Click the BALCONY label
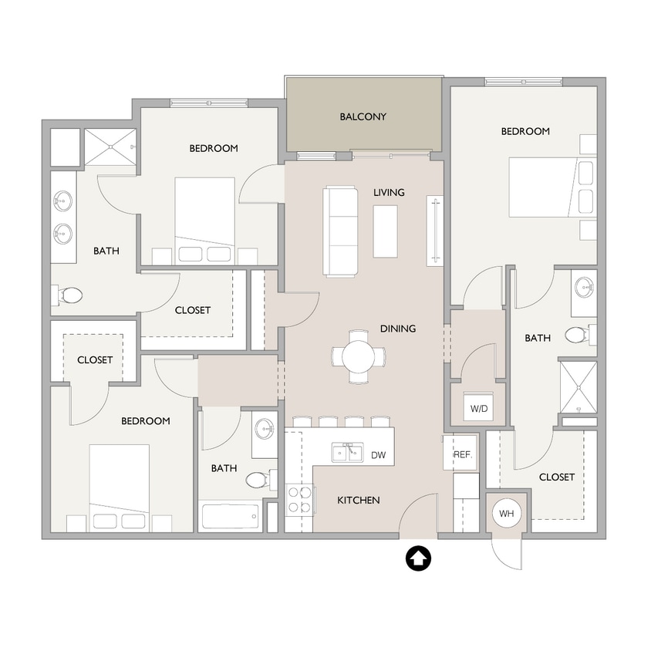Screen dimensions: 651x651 pyautogui.click(x=363, y=117)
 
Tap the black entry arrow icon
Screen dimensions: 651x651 pyautogui.click(x=419, y=558)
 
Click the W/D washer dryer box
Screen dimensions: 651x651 pyautogui.click(x=479, y=408)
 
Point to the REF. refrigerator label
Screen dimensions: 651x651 pyautogui.click(x=462, y=455)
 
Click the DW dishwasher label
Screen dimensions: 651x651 pyautogui.click(x=378, y=455)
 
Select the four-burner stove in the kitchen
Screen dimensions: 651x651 pyautogui.click(x=299, y=499)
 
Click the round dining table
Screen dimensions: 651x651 pyautogui.click(x=359, y=356)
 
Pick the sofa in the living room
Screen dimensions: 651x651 pyautogui.click(x=340, y=230)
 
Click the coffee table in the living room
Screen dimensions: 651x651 pyautogui.click(x=385, y=231)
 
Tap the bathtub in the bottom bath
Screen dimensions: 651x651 pyautogui.click(x=231, y=515)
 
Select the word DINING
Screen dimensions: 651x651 pyautogui.click(x=398, y=329)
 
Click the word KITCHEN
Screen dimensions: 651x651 pyautogui.click(x=359, y=501)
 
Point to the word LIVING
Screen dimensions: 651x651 pyautogui.click(x=389, y=192)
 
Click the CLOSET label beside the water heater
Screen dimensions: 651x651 pyautogui.click(x=557, y=477)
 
